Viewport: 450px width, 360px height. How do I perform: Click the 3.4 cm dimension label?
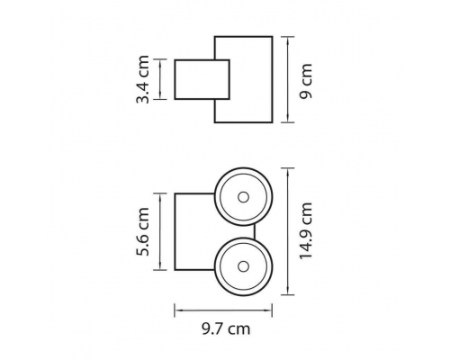pos(142,79)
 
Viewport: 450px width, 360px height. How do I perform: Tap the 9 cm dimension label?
pos(306,81)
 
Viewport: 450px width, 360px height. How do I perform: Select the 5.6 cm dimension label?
pos(142,231)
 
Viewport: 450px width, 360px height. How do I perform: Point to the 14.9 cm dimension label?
pos(306,230)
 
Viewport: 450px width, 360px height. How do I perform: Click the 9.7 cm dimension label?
pos(226,328)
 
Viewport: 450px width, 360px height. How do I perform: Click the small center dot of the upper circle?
pos(243,197)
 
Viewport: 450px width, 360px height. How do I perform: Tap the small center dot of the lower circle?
pos(243,266)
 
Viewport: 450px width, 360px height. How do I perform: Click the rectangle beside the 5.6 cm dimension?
pos(175,231)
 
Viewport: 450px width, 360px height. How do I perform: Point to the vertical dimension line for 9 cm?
pos(288,79)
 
